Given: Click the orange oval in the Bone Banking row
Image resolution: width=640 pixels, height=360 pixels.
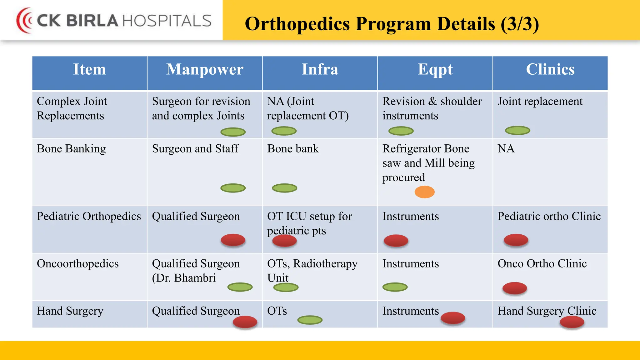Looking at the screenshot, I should click(424, 192).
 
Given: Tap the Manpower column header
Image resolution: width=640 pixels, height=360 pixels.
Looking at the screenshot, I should click(205, 69).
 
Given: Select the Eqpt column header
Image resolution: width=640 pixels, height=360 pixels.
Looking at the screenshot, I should click(435, 69).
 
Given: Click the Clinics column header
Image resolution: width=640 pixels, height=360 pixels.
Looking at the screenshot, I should click(550, 69).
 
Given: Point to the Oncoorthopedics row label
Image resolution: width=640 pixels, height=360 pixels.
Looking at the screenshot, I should click(78, 263).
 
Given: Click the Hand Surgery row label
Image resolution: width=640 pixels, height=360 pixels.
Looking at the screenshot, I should click(70, 311).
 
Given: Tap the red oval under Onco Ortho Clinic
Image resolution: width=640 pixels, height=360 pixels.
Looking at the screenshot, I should click(515, 288).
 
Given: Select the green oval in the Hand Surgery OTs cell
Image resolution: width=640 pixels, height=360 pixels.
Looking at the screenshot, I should click(310, 320).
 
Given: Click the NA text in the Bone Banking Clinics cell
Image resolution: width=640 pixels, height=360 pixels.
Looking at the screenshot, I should click(506, 148).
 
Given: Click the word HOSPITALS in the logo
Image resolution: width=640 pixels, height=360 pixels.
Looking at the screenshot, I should click(167, 21).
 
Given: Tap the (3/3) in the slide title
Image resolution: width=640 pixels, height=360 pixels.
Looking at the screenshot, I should click(520, 24).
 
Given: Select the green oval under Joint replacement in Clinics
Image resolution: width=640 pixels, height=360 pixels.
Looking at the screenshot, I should click(517, 130).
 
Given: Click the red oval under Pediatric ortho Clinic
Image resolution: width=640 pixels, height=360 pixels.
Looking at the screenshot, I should click(516, 240).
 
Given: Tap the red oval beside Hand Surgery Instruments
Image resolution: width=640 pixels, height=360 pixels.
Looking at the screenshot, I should click(453, 318).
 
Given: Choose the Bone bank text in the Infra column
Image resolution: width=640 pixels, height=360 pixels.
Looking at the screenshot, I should click(293, 148).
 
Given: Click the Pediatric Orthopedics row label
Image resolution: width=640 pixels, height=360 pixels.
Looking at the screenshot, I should click(89, 216).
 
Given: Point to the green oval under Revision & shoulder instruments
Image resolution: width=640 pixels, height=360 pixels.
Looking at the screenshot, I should click(401, 131).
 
